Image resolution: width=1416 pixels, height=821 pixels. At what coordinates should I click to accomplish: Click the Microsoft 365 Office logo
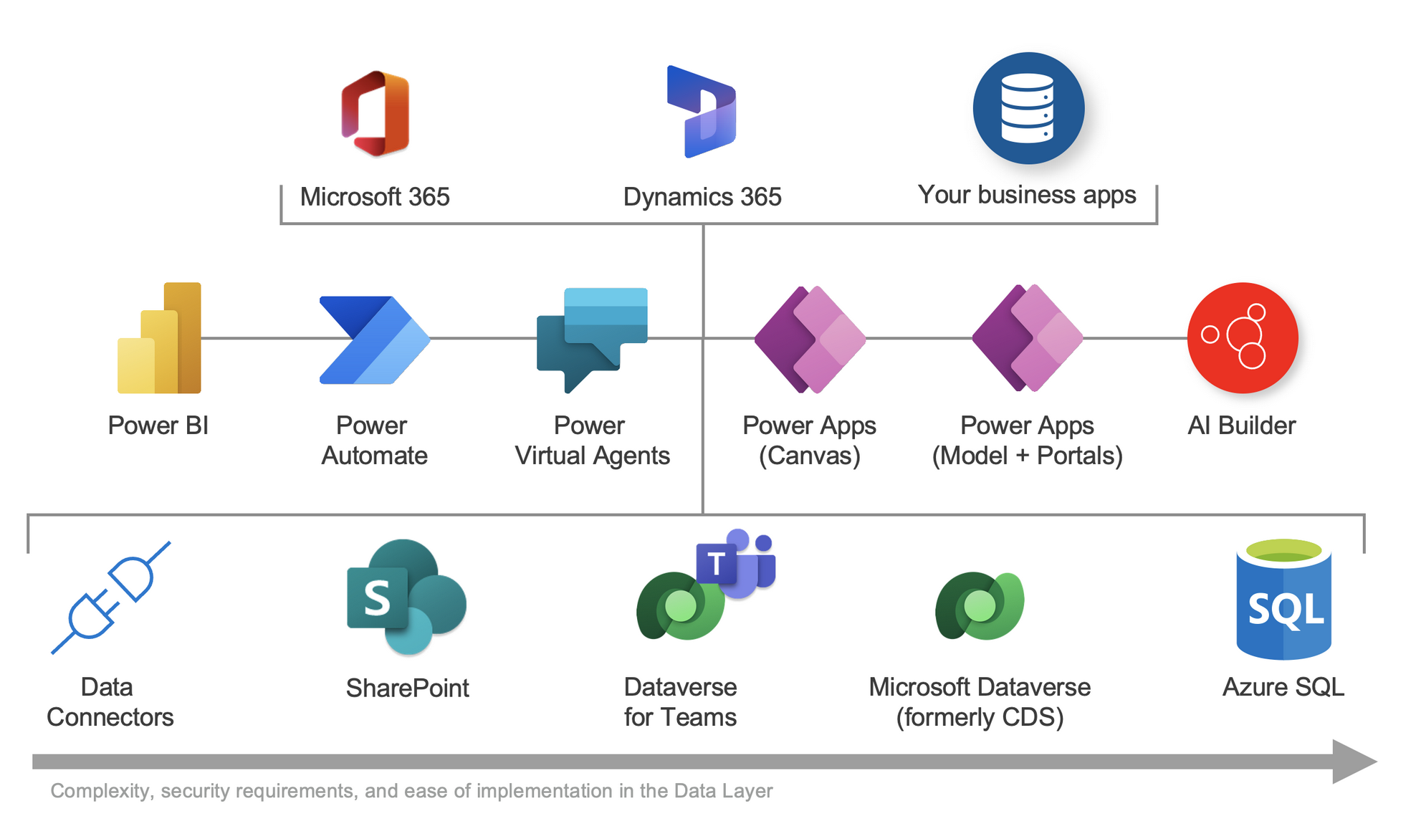click(375, 114)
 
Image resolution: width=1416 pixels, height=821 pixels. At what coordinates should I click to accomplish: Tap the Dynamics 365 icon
click(702, 112)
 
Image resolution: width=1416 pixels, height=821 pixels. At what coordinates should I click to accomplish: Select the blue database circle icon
click(1028, 108)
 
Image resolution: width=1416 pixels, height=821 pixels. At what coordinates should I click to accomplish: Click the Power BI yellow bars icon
click(160, 339)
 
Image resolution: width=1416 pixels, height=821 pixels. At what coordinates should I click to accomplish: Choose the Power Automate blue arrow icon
click(374, 340)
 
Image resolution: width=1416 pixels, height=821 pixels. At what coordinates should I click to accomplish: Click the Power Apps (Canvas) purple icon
click(810, 339)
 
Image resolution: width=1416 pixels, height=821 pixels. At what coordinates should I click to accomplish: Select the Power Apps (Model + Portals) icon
click(1027, 338)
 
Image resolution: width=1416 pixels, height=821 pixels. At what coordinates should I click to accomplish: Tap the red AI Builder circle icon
click(1243, 337)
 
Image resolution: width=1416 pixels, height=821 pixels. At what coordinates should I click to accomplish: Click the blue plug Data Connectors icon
click(111, 597)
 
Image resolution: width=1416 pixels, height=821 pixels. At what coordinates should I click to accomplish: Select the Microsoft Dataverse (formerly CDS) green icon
click(980, 606)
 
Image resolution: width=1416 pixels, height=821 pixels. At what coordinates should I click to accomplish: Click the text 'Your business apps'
click(1027, 195)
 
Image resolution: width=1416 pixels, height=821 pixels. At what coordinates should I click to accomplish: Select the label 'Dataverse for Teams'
click(680, 702)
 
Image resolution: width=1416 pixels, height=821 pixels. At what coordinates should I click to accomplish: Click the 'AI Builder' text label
click(1242, 426)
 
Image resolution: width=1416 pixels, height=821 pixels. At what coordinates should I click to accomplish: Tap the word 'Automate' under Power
click(374, 456)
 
